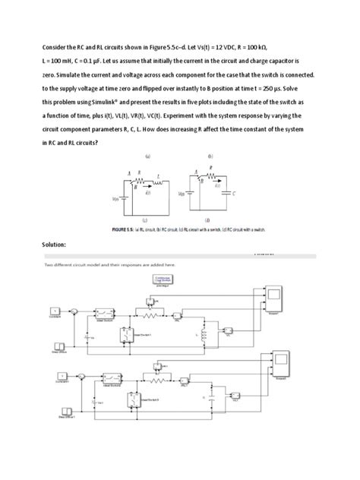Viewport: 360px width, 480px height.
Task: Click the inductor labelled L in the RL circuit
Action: coord(160,182)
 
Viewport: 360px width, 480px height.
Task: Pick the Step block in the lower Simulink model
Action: coord(58,409)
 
